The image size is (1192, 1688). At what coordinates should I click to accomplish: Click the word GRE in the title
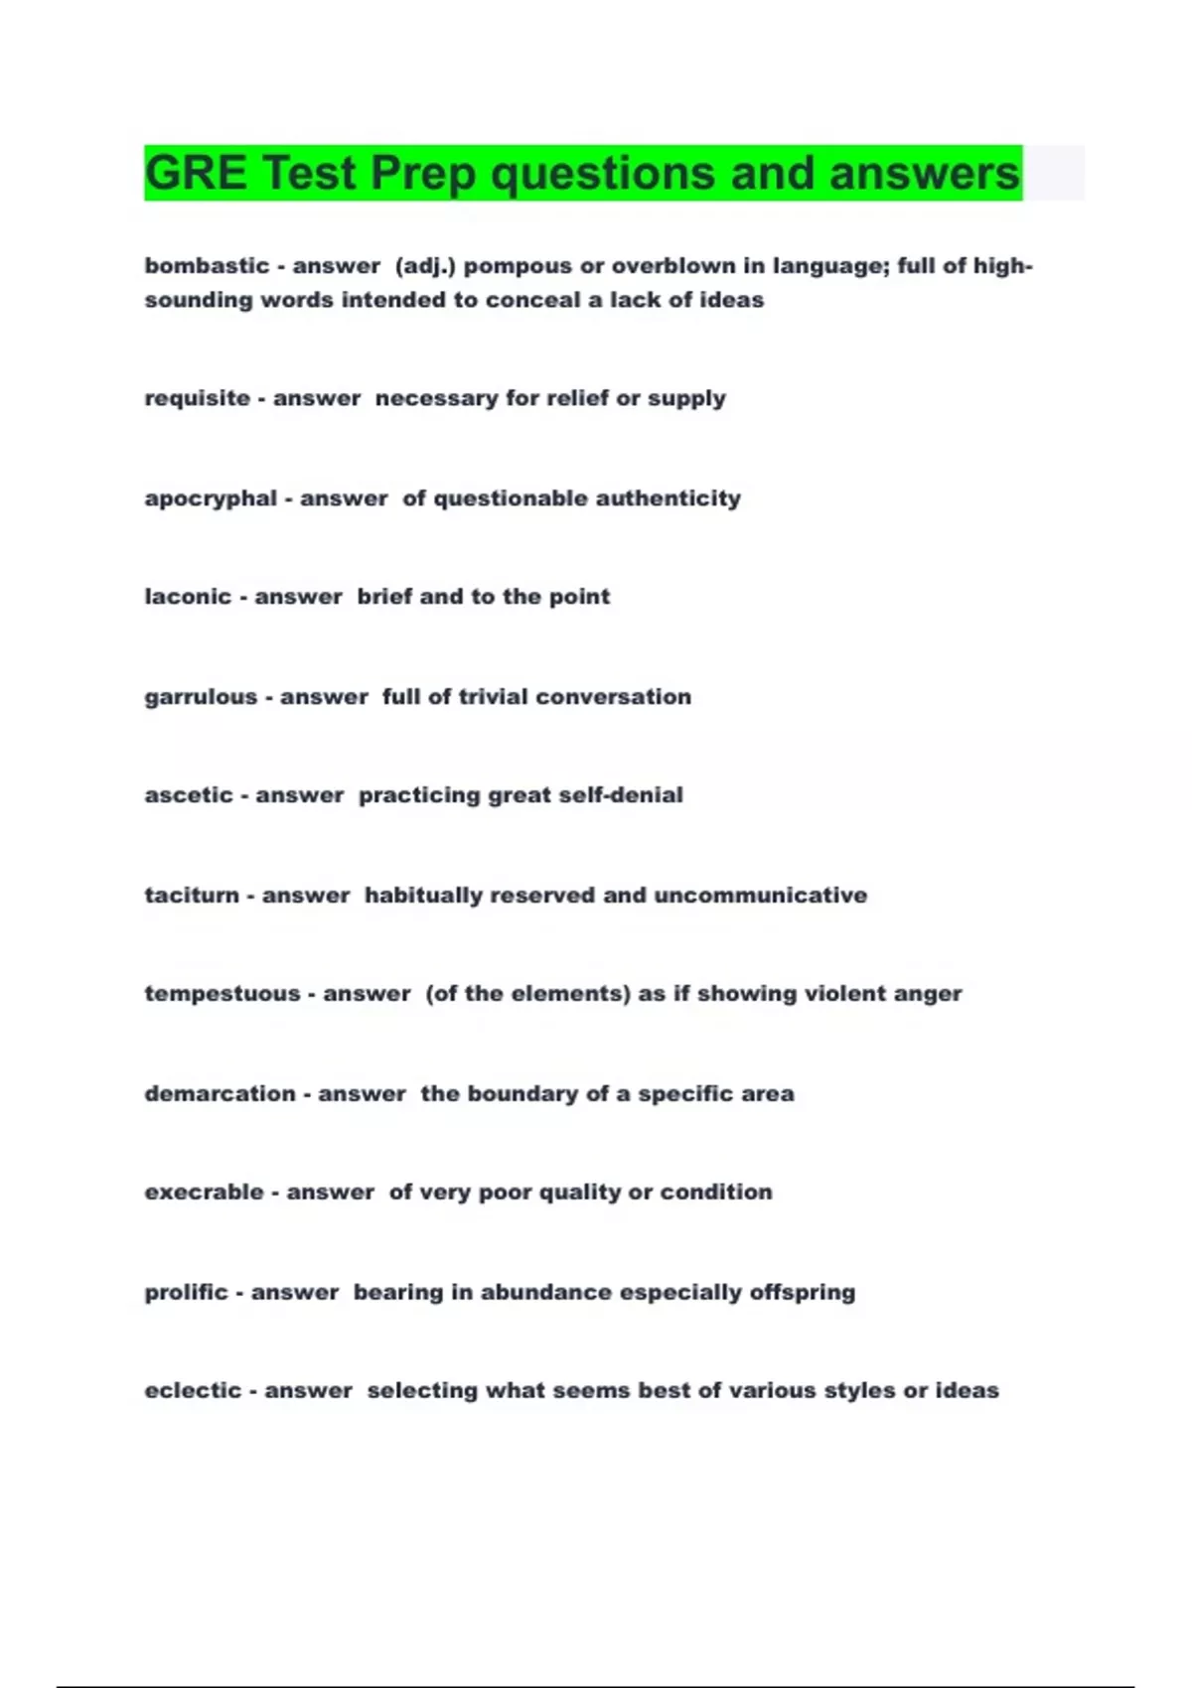click(x=196, y=174)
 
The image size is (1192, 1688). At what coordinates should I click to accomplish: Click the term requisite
click(x=197, y=398)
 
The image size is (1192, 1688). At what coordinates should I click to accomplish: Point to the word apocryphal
click(x=211, y=498)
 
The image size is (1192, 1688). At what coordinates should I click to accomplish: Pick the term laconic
click(x=188, y=597)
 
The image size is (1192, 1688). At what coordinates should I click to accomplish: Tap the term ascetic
click(x=189, y=795)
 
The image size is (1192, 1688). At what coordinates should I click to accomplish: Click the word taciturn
click(x=192, y=896)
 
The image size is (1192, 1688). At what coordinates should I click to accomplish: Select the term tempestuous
click(x=222, y=994)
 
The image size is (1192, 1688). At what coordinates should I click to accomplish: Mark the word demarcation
click(x=220, y=1094)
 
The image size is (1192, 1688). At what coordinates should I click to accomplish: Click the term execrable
click(x=204, y=1193)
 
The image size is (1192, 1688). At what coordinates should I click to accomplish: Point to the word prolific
click(x=187, y=1293)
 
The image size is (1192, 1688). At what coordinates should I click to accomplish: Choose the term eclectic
click(x=193, y=1391)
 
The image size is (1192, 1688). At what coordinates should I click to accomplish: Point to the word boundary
click(x=521, y=1094)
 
